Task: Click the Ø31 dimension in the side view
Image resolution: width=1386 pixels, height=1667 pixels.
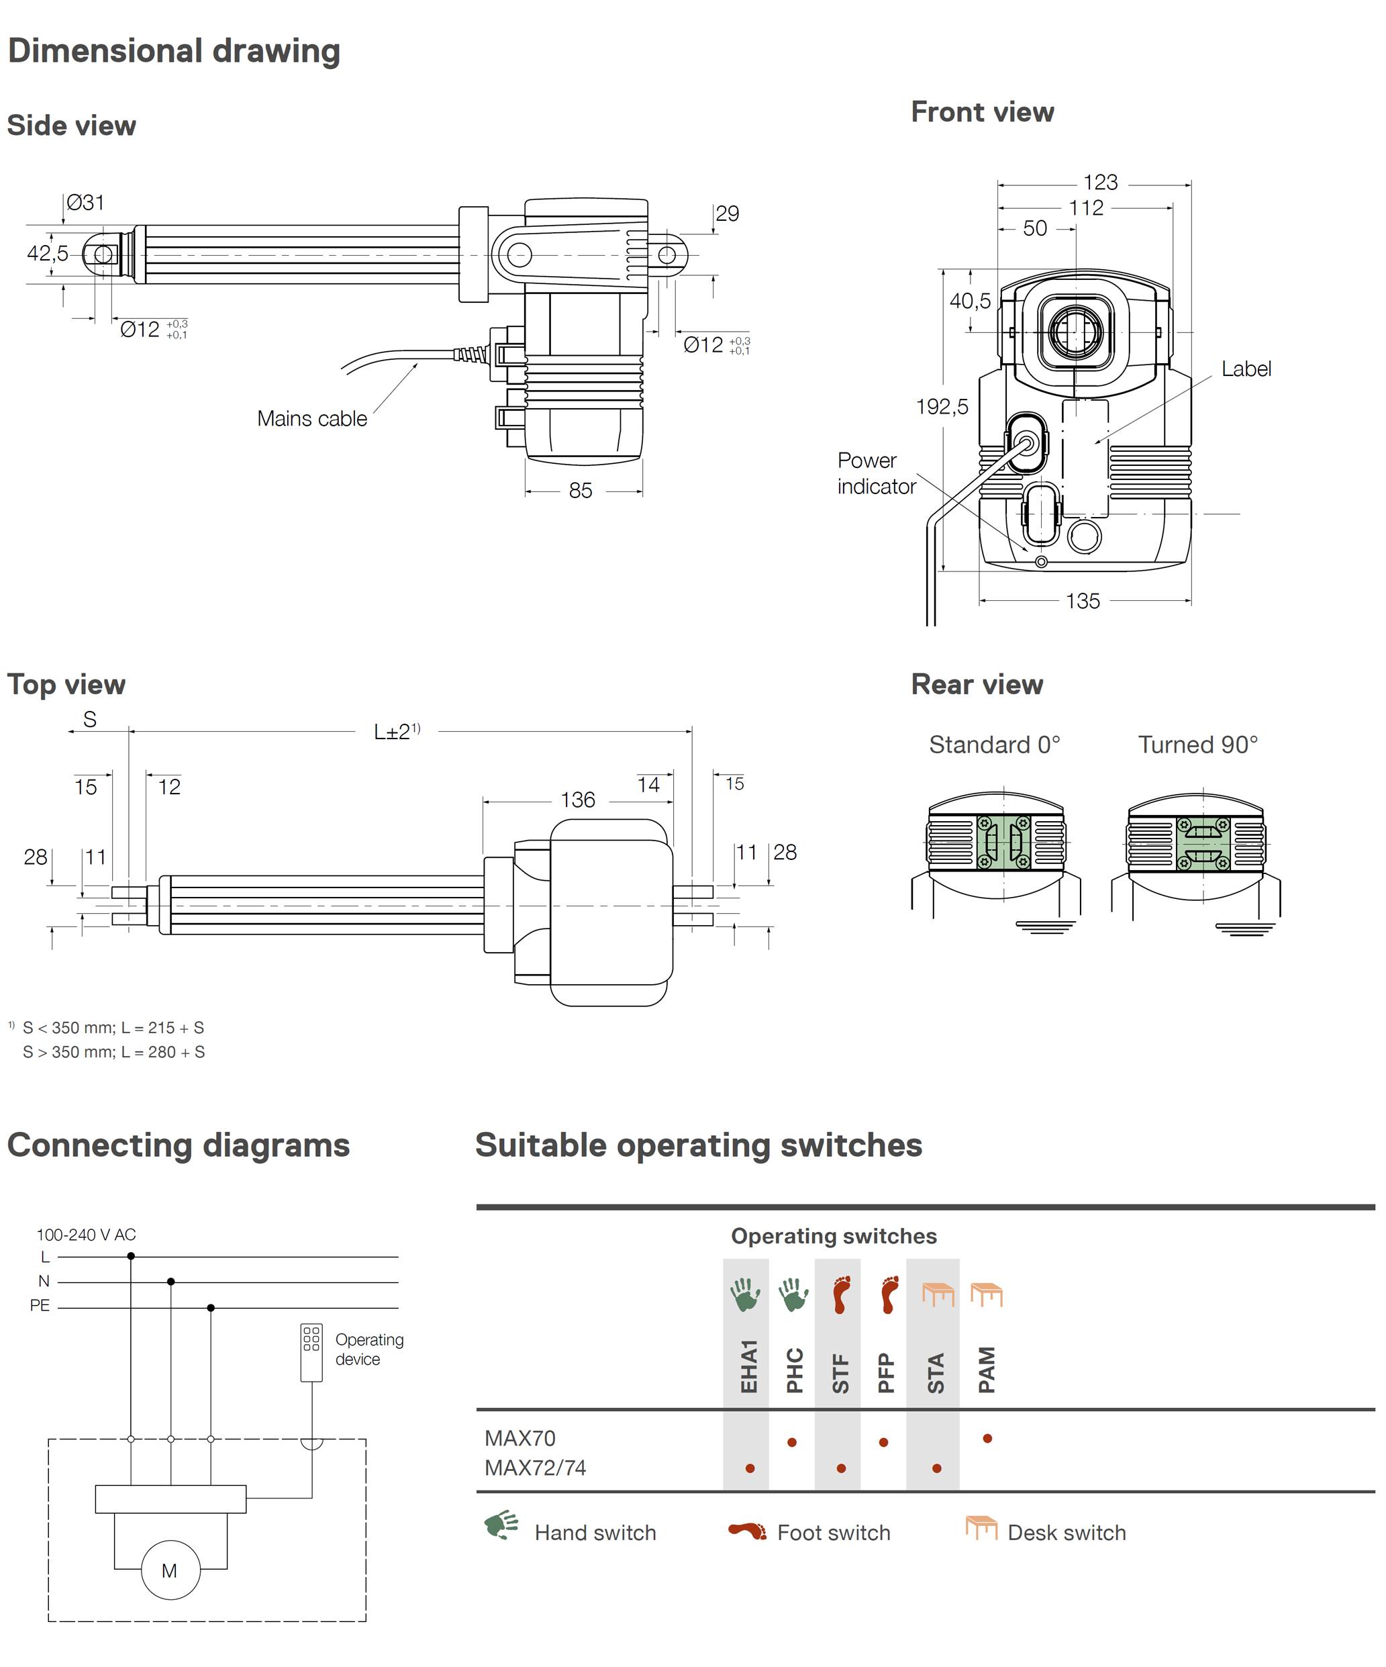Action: point(85,203)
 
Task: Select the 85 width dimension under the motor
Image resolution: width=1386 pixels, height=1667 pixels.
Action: point(581,491)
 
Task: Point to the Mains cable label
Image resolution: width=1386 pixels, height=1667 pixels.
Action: point(312,418)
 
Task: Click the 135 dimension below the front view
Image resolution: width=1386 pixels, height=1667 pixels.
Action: point(1083,601)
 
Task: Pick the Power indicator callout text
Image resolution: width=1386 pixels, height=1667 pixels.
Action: point(876,473)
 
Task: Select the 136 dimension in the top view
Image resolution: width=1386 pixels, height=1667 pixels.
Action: point(578,800)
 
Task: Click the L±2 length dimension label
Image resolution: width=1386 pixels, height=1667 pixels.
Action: point(397,731)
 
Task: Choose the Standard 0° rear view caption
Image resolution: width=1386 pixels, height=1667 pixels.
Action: point(995,745)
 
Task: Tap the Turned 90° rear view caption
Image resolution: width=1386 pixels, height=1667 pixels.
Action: point(1198,745)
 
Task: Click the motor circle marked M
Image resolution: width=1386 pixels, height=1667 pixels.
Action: point(170,1570)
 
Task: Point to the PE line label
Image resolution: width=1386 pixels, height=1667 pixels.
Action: point(40,1306)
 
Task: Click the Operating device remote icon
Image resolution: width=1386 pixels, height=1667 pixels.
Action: point(311,1353)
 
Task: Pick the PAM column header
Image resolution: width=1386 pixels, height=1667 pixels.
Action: point(987,1370)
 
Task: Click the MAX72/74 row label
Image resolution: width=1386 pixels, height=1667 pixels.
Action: point(535,1468)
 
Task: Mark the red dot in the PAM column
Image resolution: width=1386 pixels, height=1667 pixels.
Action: point(987,1438)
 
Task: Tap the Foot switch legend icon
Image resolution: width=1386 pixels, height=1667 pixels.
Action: point(747,1531)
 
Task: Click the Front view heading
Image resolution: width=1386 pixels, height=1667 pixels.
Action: point(982,112)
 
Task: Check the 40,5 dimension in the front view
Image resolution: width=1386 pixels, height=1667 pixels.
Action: point(970,301)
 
